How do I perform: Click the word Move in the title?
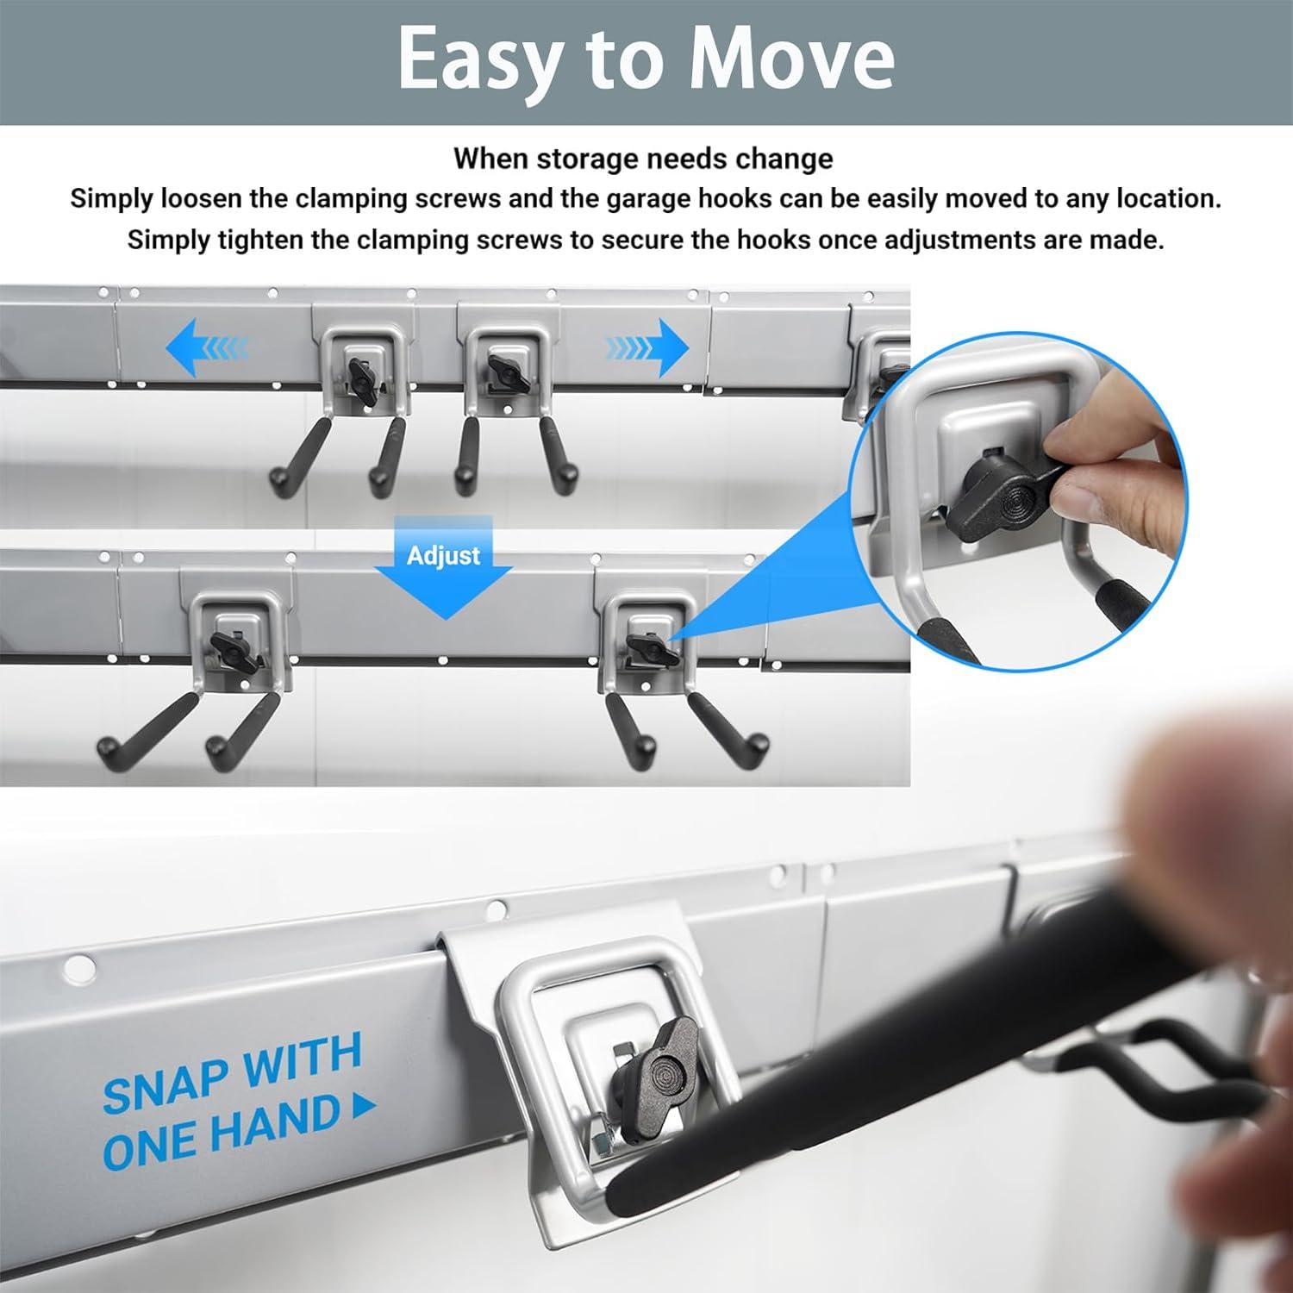coord(792,59)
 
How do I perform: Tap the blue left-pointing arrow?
coord(206,347)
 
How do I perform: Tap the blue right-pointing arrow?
coord(646,347)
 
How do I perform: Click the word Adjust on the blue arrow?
coord(444,555)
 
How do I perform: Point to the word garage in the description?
coord(662,199)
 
